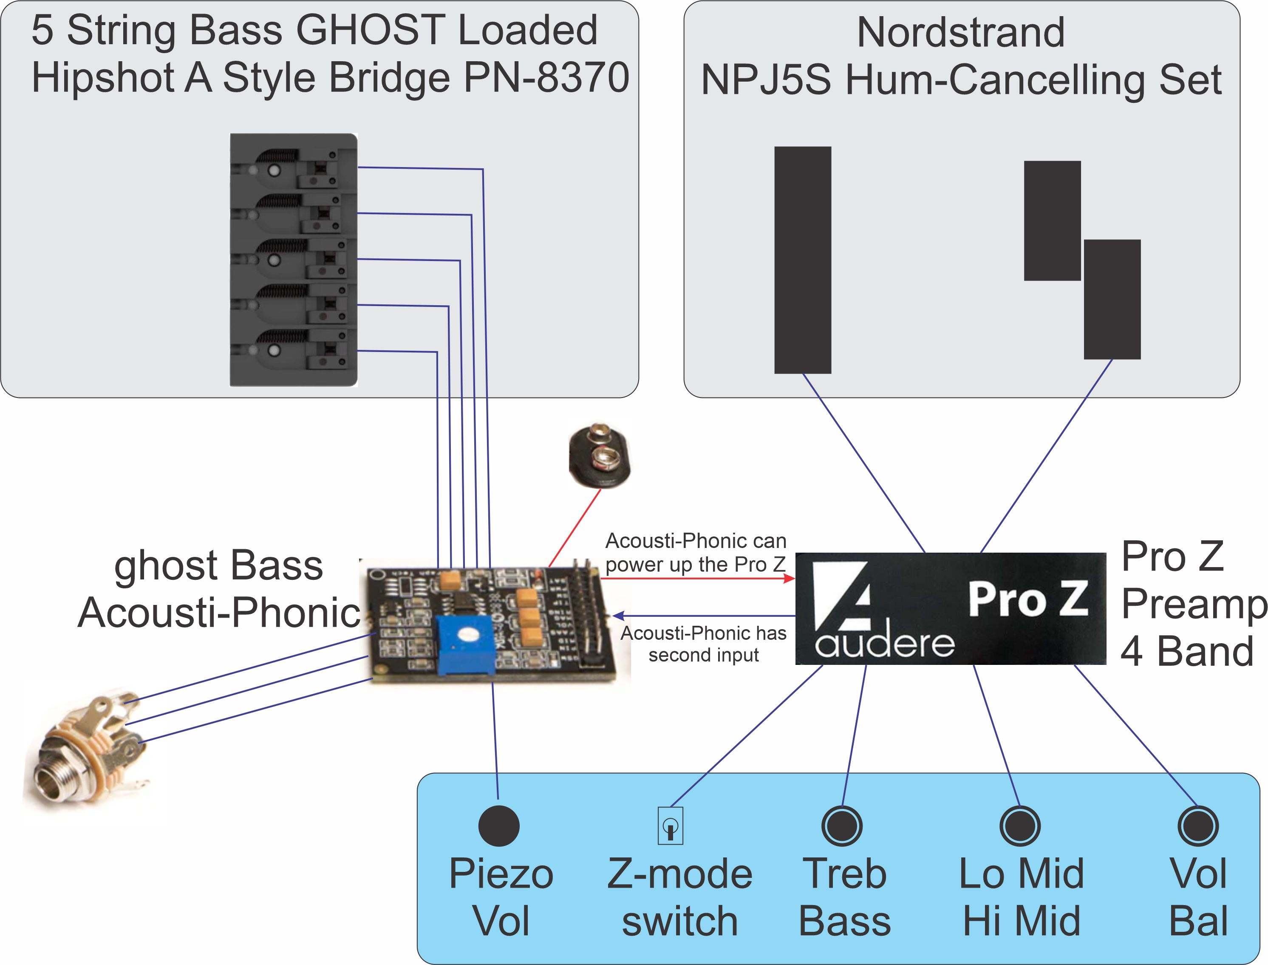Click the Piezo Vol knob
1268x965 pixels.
[x=498, y=826]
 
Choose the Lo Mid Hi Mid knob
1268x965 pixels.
[x=1019, y=826]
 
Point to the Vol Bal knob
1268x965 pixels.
[x=1197, y=826]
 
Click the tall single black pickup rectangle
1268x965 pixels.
[x=802, y=260]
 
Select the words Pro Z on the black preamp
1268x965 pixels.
[x=1027, y=599]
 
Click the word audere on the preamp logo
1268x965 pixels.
[x=884, y=643]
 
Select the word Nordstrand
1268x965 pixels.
[x=960, y=32]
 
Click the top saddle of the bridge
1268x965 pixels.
[x=293, y=168]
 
